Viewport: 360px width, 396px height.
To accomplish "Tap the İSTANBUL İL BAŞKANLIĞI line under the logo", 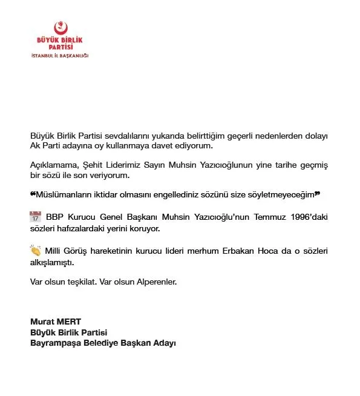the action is click(60, 56).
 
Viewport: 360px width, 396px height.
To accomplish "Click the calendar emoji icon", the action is click(35, 217).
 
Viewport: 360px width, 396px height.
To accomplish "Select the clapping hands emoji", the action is click(35, 251).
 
